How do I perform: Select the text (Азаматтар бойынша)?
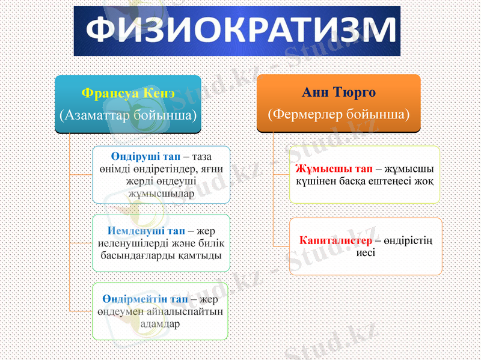pyautogui.click(x=128, y=114)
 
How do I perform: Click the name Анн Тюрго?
pyautogui.click(x=338, y=93)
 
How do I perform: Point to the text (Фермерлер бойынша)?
pyautogui.click(x=338, y=113)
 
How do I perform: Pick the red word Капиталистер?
pyautogui.click(x=335, y=240)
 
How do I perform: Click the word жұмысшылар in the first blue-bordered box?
pyautogui.click(x=161, y=193)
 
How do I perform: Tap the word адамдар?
pyautogui.click(x=160, y=323)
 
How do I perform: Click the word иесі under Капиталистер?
pyautogui.click(x=366, y=252)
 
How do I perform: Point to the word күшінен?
pyautogui.click(x=316, y=180)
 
